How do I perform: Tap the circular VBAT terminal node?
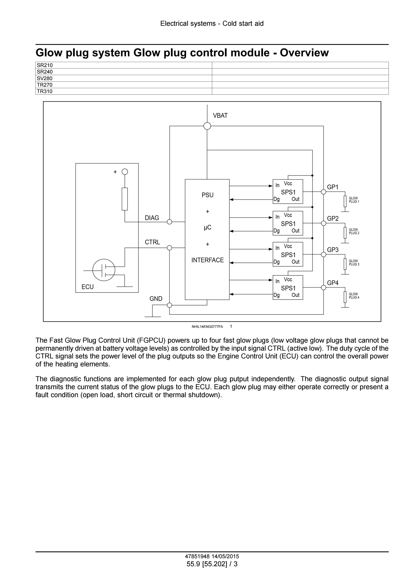(x=207, y=126)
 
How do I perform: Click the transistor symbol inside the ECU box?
(x=104, y=270)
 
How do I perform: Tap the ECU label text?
(x=88, y=287)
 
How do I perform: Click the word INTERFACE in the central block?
(x=207, y=260)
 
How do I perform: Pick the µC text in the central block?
(x=207, y=227)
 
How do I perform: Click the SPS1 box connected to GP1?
(x=288, y=192)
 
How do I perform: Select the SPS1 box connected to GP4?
(x=288, y=288)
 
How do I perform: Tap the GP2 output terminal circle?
(x=323, y=223)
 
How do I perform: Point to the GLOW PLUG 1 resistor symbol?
(x=345, y=201)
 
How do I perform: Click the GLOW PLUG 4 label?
(x=354, y=296)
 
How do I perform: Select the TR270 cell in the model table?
(x=124, y=85)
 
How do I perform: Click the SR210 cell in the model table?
(x=124, y=65)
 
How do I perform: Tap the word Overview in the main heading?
(x=304, y=53)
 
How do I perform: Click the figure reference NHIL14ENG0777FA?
(x=207, y=327)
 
